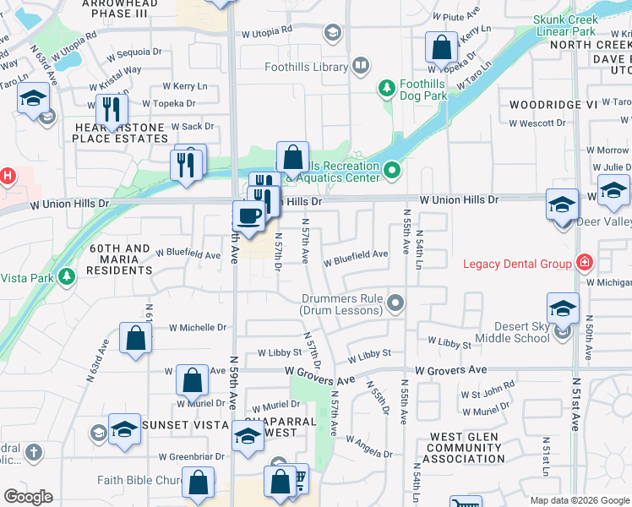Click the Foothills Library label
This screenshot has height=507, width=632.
tap(305, 65)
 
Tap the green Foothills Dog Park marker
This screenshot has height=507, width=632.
tap(386, 86)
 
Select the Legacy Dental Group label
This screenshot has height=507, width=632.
tap(517, 264)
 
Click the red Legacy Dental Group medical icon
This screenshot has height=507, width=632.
tap(583, 263)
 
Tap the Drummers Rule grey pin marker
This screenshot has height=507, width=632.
tap(395, 302)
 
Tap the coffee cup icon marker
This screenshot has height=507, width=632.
tap(248, 216)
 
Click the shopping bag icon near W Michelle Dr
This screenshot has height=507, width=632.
tap(135, 339)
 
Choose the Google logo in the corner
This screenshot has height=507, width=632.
tap(29, 497)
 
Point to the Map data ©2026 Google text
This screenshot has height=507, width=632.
tap(579, 500)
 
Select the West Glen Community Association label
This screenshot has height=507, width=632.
tap(463, 448)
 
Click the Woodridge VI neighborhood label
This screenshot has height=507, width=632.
tap(553, 104)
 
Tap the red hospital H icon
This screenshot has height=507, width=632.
tap(7, 177)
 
